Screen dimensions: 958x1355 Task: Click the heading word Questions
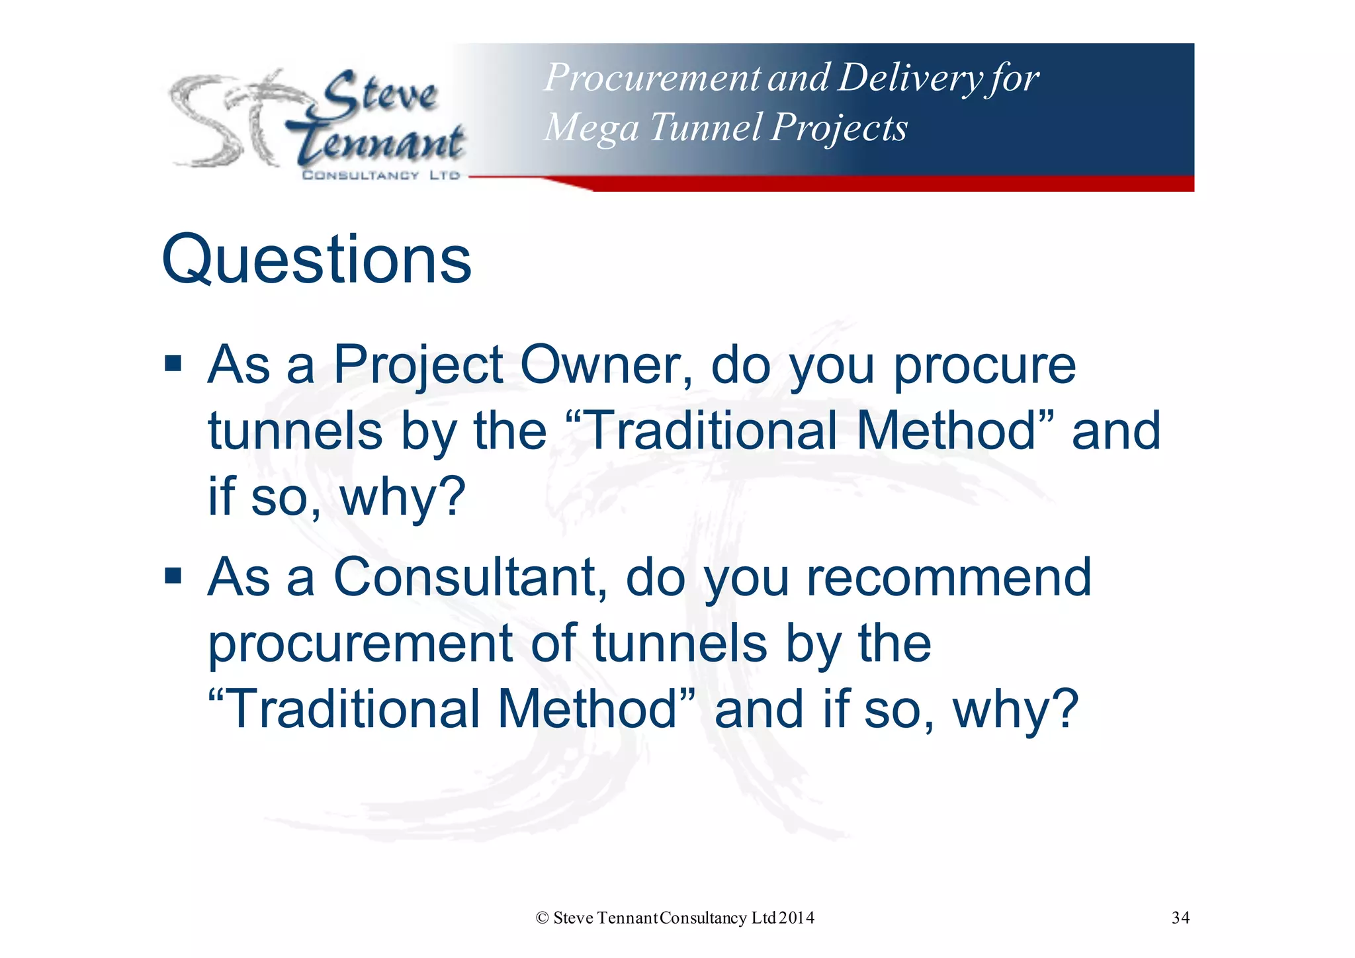[x=316, y=261]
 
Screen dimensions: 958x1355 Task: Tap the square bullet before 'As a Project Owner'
[x=173, y=363]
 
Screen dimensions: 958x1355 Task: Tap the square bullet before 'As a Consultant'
[x=173, y=576]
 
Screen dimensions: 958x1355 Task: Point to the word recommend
[x=948, y=577]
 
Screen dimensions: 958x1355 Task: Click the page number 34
[x=1180, y=918]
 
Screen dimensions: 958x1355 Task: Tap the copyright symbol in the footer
[x=543, y=918]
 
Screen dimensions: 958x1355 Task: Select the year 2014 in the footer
[x=797, y=918]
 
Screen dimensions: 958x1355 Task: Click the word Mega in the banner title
[x=591, y=128]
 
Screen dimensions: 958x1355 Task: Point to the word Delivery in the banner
[x=910, y=78]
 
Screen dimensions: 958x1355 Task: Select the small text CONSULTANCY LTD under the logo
[x=381, y=175]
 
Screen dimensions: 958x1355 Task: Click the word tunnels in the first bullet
[x=295, y=431]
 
